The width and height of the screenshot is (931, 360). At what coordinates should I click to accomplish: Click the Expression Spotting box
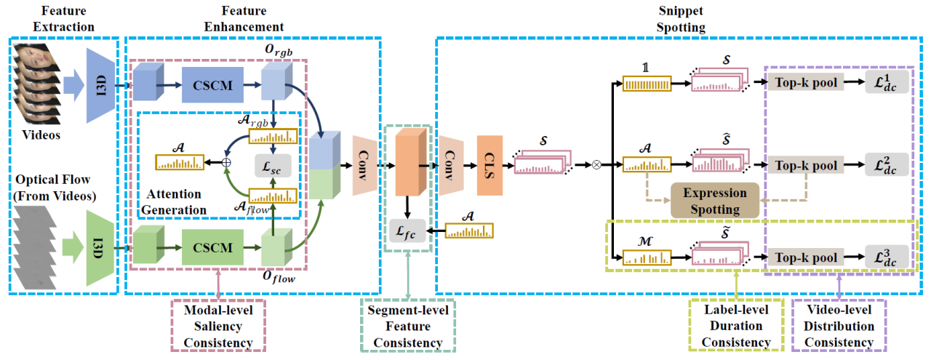point(714,201)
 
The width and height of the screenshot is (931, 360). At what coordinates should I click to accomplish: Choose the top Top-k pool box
point(805,84)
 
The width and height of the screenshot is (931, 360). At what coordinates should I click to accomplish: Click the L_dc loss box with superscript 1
point(887,84)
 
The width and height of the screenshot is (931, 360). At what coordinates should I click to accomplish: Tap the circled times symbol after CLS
point(597,164)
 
